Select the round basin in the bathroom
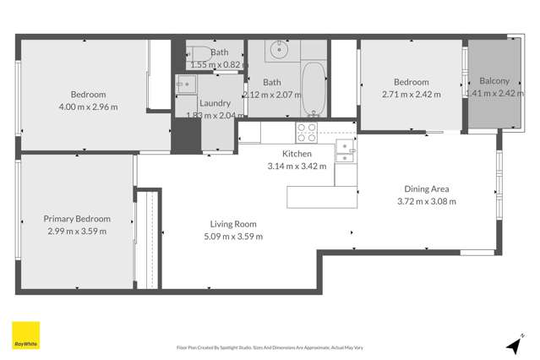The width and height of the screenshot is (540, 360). click(x=278, y=51)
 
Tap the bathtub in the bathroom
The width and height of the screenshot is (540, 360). click(x=314, y=89)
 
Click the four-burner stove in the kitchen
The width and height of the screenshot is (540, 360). click(x=306, y=133)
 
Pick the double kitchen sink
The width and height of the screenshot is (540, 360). click(x=345, y=150)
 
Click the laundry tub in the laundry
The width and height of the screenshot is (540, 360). click(x=186, y=84)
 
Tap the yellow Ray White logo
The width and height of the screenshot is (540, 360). click(x=25, y=335)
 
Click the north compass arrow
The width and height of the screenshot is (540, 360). click(x=512, y=346)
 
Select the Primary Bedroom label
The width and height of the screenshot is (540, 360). click(x=77, y=219)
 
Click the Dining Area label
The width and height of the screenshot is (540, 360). click(x=427, y=189)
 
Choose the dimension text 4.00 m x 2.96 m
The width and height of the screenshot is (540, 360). click(x=88, y=106)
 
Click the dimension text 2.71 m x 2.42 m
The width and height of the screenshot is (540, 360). click(x=411, y=94)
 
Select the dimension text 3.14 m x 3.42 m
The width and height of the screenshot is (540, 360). click(x=297, y=166)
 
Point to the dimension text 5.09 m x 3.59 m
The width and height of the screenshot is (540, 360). click(x=233, y=236)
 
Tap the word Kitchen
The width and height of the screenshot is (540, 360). click(x=297, y=154)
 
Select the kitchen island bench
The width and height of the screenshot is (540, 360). click(x=323, y=197)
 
